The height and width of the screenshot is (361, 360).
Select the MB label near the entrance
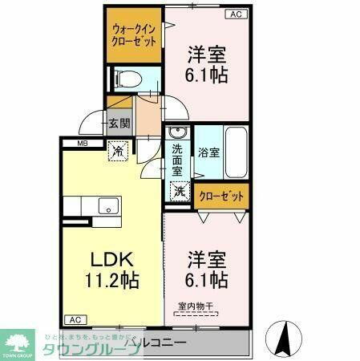(x=83, y=144)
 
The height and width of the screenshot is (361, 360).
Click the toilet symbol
(x=126, y=79)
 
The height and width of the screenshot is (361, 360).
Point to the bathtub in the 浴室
(x=236, y=152)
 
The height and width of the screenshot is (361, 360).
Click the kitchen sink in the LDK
(x=107, y=206)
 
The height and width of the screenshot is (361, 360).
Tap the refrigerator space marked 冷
(x=118, y=150)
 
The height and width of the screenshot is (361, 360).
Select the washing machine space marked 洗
(x=180, y=193)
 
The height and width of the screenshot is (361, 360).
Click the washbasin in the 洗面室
(x=178, y=133)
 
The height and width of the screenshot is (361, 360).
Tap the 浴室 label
(x=208, y=152)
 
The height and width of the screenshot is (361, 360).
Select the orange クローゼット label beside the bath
(x=221, y=195)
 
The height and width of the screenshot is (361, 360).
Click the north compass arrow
(x=283, y=338)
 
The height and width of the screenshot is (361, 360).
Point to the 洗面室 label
(x=178, y=160)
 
